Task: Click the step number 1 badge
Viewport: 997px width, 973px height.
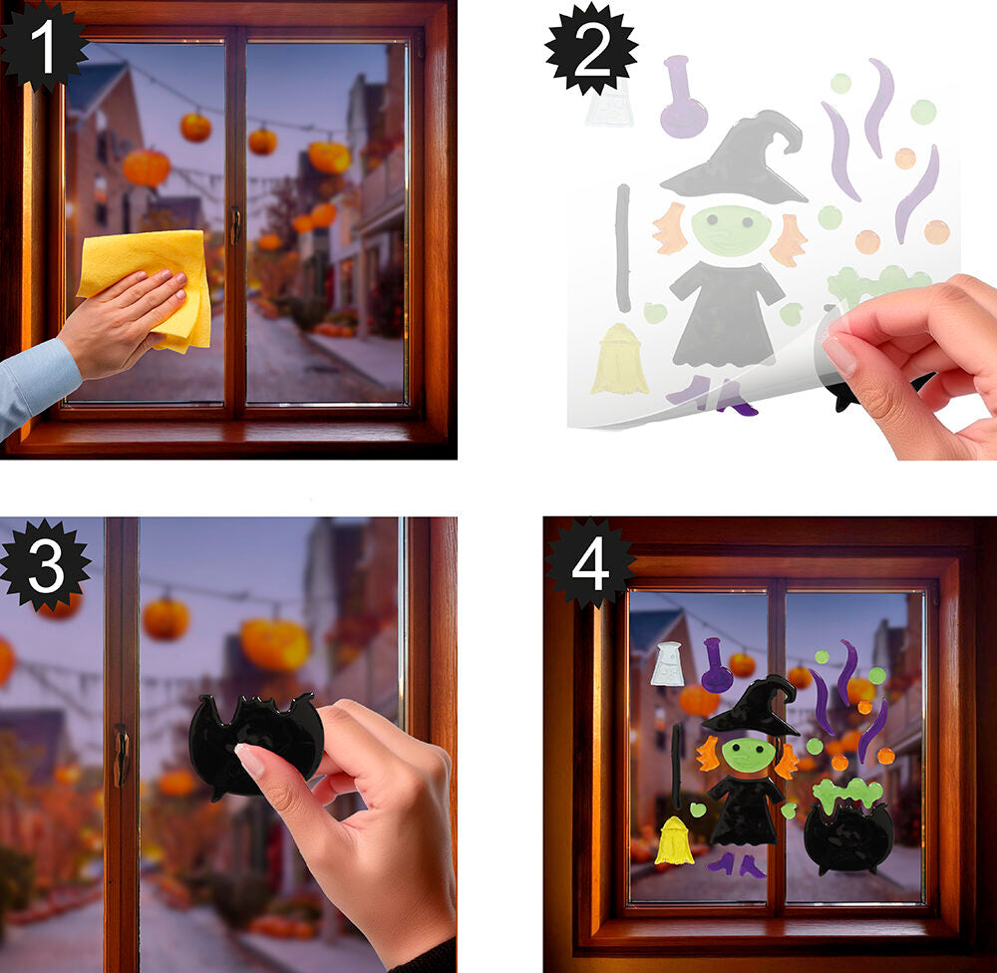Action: [43, 46]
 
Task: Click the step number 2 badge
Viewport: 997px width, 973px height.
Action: [591, 48]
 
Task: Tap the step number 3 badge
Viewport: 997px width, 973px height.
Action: [46, 565]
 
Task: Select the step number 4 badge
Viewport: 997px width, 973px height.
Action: [590, 563]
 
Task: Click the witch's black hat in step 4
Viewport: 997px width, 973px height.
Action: [752, 706]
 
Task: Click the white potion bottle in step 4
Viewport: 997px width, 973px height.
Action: [667, 664]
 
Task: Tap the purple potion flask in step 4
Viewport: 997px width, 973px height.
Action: [717, 667]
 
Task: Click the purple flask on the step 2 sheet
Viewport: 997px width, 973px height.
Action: [683, 98]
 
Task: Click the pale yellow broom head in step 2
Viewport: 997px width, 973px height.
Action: [619, 360]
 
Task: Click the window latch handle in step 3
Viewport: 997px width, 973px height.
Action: [121, 755]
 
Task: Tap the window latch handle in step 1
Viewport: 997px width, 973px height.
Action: [235, 224]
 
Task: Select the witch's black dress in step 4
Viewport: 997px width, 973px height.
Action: [745, 811]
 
